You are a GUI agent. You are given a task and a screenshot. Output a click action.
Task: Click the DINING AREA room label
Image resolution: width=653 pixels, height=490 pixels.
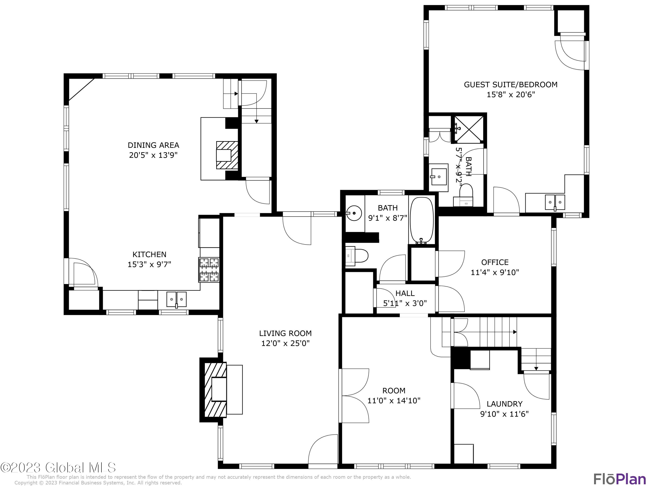pyautogui.click(x=153, y=145)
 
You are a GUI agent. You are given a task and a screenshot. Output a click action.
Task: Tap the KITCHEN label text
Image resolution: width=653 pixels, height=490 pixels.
pyautogui.click(x=149, y=254)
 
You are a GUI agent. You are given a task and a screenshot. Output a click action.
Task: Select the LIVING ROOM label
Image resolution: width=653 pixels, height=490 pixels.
pyautogui.click(x=285, y=333)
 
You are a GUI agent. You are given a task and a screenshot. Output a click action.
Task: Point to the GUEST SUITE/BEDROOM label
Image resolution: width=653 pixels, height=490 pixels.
pyautogui.click(x=511, y=84)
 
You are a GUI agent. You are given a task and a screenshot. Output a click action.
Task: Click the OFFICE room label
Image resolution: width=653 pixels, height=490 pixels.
pyautogui.click(x=495, y=262)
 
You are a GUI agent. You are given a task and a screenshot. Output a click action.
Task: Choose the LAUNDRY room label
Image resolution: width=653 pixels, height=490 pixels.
pyautogui.click(x=505, y=404)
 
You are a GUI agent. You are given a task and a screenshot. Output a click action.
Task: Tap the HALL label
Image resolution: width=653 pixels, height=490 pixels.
pyautogui.click(x=405, y=293)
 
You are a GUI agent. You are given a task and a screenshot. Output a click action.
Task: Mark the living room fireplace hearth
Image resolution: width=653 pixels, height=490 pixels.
pyautogui.click(x=215, y=390)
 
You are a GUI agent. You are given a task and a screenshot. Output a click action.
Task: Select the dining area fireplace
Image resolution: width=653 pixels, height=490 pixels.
pyautogui.click(x=227, y=155)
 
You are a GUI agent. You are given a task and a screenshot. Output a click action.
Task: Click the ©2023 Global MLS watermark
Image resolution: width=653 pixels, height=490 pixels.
pyautogui.click(x=58, y=468)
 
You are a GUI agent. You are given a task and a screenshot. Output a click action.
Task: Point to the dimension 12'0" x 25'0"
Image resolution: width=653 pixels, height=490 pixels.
pyautogui.click(x=285, y=343)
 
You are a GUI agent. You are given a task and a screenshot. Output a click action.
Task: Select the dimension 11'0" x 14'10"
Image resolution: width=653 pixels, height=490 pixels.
pyautogui.click(x=394, y=400)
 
